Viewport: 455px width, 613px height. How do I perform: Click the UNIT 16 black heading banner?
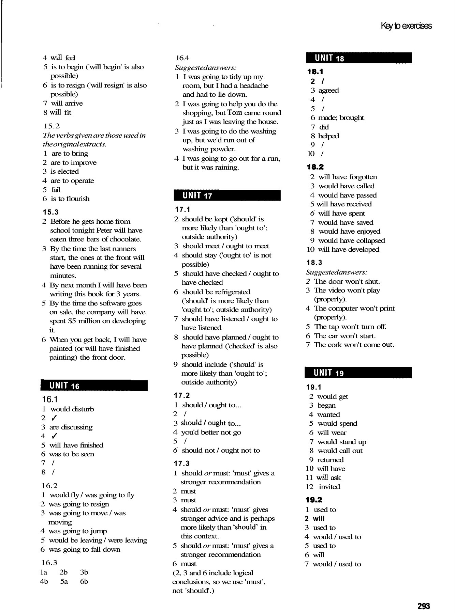94,386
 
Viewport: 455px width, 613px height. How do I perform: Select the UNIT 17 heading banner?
227,195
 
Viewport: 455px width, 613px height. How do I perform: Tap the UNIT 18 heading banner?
359,58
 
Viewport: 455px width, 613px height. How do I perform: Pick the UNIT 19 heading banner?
358,373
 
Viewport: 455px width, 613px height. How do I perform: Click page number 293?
424,606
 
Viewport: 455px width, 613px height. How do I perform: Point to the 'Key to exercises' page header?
406,26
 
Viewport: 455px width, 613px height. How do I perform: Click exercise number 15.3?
51,212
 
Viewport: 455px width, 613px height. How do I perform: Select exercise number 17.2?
182,395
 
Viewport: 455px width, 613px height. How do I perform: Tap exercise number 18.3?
314,263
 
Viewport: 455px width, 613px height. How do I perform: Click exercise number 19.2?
314,500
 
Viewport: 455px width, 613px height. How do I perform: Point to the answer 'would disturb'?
72,409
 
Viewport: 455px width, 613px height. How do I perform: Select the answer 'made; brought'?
341,117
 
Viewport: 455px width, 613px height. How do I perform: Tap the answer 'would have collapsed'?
351,240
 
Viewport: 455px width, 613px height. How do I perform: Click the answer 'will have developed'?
348,249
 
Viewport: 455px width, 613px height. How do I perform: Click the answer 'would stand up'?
341,442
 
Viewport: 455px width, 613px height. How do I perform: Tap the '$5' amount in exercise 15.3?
73,321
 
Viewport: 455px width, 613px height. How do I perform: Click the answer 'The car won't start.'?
344,336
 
